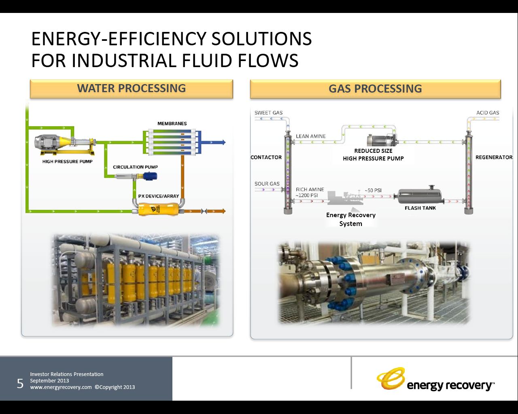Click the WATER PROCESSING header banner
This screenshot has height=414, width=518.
(132, 89)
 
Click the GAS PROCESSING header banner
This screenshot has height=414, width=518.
(375, 89)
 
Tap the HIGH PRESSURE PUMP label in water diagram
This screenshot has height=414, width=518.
(67, 162)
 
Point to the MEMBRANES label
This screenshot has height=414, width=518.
(172, 124)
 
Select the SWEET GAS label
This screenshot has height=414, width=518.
(268, 113)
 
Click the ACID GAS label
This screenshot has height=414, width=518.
(488, 113)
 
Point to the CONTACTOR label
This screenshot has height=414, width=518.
(266, 157)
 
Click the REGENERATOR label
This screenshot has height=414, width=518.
(494, 157)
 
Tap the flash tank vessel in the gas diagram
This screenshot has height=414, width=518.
(420, 196)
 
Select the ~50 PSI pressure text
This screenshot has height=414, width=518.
(373, 190)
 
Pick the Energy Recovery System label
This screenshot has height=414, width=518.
(351, 219)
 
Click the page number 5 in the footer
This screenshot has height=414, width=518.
(20, 383)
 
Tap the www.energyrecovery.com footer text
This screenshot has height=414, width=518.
(61, 387)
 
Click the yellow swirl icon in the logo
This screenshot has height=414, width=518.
(391, 378)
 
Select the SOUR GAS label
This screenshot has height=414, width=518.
(267, 184)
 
